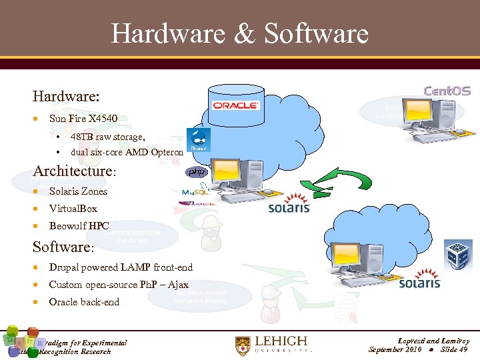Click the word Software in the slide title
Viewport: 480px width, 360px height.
pos(316,33)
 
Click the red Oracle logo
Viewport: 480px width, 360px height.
pos(235,105)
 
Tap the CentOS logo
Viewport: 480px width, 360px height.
pos(447,91)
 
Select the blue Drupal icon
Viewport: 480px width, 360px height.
pos(198,140)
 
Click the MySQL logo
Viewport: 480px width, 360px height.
pos(195,193)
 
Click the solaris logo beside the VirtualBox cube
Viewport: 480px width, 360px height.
pos(419,283)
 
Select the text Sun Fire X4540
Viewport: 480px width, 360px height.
pos(83,119)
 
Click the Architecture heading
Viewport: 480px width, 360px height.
pos(74,171)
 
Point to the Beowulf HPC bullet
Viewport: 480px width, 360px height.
pos(79,225)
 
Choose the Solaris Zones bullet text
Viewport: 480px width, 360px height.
pos(78,191)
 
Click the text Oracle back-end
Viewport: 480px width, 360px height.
pos(84,302)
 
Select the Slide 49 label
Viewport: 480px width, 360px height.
pos(455,349)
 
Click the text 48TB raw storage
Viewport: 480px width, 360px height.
pos(107,137)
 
